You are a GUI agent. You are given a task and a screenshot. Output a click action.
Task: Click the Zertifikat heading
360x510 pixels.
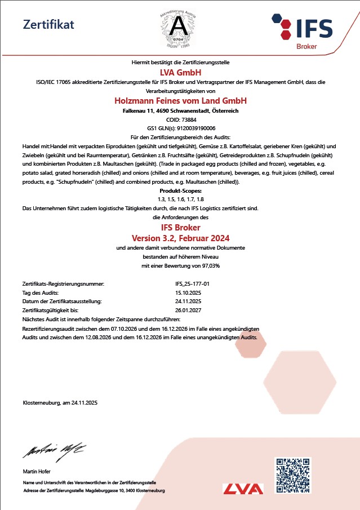pyautogui.click(x=48, y=24)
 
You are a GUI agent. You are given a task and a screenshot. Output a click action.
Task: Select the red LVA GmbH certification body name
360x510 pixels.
pyautogui.click(x=180, y=72)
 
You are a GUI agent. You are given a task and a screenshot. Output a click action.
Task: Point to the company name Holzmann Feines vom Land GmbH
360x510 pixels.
pyautogui.click(x=180, y=101)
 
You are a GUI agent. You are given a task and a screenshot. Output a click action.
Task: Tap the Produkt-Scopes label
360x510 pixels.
pyautogui.click(x=180, y=191)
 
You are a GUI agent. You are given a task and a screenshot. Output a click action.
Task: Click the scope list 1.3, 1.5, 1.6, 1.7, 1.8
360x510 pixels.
pyautogui.click(x=180, y=199)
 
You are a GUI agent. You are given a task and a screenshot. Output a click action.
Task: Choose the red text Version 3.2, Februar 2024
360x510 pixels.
pyautogui.click(x=180, y=238)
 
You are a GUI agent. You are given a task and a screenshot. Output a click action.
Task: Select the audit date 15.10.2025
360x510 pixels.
pyautogui.click(x=188, y=292)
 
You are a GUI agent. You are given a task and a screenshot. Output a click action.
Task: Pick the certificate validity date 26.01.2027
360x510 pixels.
pyautogui.click(x=188, y=310)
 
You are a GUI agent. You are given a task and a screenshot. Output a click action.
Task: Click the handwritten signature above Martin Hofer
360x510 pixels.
pyautogui.click(x=54, y=450)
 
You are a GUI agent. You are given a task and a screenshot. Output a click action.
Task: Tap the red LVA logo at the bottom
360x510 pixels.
pyautogui.click(x=243, y=489)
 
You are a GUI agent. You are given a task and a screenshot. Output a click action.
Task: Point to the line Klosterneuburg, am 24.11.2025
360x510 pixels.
pyautogui.click(x=60, y=402)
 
